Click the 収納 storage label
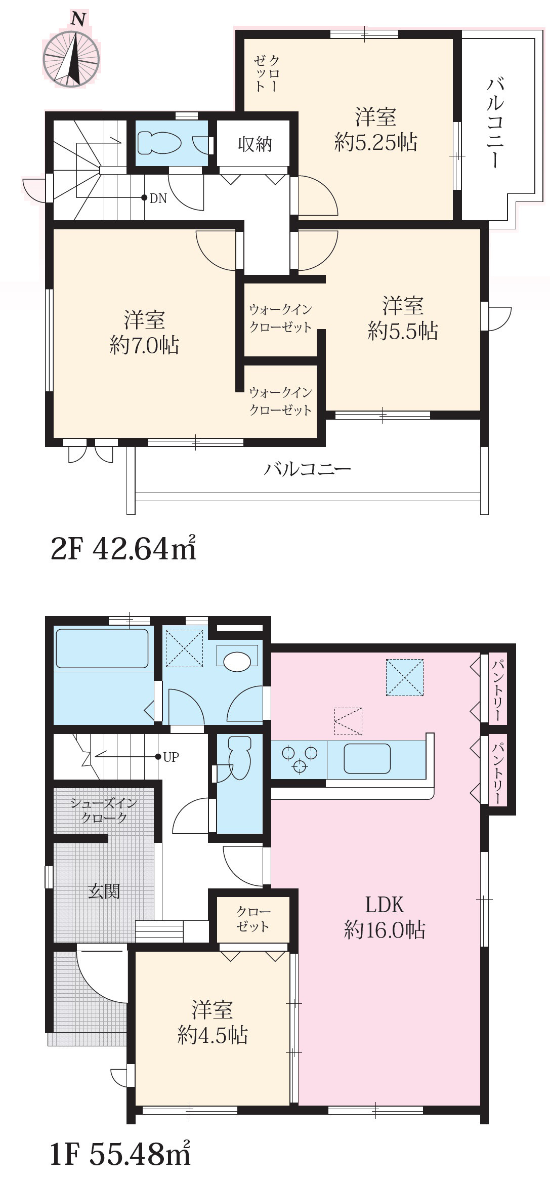pos(255,144)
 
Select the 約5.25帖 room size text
pos(375,143)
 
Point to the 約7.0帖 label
pos(144,345)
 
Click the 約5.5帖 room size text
pos(403,331)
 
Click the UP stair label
pos(171,757)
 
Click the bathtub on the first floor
pos(102,648)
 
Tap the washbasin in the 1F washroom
pos(237,661)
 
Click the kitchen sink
pos(367,758)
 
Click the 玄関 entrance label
pos(104,890)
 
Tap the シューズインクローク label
pos(104,810)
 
